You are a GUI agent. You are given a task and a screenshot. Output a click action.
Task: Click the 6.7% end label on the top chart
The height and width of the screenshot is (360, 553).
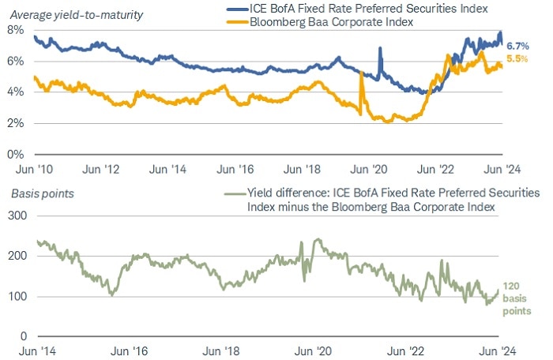click(516, 46)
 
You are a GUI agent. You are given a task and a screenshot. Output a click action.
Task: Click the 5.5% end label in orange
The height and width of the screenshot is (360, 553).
click(516, 59)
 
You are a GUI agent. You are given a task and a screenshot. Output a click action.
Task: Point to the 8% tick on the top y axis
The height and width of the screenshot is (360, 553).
click(16, 30)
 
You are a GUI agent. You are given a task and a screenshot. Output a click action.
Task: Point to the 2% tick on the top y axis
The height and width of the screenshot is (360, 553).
click(16, 123)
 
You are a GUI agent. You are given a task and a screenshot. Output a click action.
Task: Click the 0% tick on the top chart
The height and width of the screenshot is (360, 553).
click(16, 154)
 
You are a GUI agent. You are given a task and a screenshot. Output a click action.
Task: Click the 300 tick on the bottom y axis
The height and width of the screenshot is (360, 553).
click(17, 216)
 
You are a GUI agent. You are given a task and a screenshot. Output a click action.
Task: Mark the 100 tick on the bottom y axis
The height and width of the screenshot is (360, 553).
click(17, 297)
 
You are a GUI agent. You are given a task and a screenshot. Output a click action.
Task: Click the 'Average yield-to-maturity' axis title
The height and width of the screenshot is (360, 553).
click(70, 9)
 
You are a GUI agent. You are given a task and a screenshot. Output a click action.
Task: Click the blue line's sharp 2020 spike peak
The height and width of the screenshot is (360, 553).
click(381, 48)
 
